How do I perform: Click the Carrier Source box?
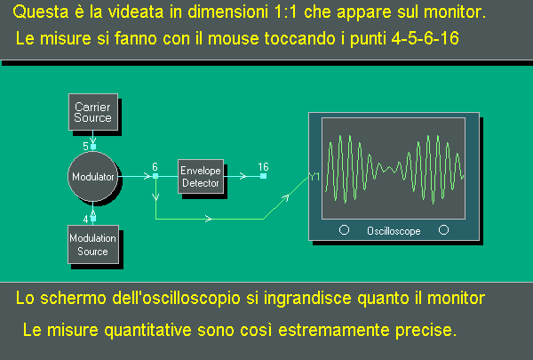[93, 112]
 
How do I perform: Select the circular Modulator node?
[92, 176]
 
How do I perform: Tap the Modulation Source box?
[93, 244]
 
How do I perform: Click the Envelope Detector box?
[201, 176]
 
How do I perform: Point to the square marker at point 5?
[93, 147]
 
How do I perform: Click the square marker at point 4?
[93, 219]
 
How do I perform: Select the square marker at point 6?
[155, 176]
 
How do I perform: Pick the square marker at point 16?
[264, 176]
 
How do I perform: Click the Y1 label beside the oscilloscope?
[314, 177]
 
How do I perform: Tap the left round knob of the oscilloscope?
[344, 230]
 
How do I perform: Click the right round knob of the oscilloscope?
[443, 230]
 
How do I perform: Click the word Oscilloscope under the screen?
[394, 231]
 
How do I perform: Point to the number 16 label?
[263, 167]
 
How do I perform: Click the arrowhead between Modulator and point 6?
[147, 176]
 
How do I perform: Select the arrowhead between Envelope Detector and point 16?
[243, 176]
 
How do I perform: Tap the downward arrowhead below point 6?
[155, 196]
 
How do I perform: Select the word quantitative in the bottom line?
[147, 330]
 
